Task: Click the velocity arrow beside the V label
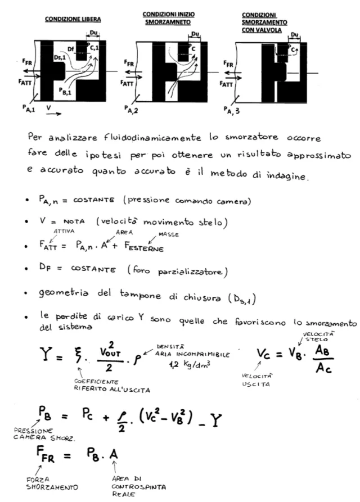click(52, 114)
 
